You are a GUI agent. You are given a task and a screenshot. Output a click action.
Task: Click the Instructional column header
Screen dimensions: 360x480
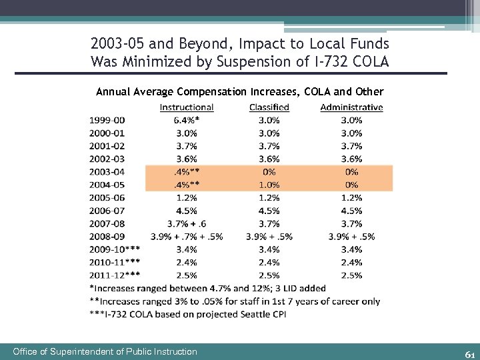click(x=187, y=107)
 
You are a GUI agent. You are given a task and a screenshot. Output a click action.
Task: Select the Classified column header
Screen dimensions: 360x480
click(x=269, y=107)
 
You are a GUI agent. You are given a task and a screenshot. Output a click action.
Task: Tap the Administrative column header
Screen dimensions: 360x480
click(x=351, y=107)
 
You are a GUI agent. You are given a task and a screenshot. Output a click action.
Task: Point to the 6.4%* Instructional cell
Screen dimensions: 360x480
click(x=187, y=120)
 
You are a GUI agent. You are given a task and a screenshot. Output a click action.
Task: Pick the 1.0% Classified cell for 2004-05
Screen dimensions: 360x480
click(x=269, y=185)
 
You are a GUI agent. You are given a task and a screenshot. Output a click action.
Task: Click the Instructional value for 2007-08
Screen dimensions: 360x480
click(x=187, y=223)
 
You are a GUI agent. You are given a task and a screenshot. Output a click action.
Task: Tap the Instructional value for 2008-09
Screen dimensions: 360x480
click(x=187, y=236)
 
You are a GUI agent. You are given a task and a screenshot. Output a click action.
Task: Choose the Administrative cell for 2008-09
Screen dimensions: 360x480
click(x=351, y=236)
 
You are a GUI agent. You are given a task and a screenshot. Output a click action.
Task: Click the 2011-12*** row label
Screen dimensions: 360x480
click(x=115, y=275)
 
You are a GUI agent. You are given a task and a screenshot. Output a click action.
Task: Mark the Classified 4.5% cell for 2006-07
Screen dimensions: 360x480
click(x=269, y=211)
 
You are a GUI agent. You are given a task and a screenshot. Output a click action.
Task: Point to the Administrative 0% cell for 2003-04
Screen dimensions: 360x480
click(x=351, y=172)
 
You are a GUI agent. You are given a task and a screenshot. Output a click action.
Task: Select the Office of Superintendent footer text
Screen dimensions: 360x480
click(x=105, y=351)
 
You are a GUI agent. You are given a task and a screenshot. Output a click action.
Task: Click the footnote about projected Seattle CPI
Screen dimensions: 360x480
click(x=187, y=314)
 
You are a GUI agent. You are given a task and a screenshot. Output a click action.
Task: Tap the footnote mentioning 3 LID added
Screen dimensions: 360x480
click(x=207, y=288)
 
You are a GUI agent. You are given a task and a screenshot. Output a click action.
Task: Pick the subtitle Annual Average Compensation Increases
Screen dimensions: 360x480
click(x=240, y=91)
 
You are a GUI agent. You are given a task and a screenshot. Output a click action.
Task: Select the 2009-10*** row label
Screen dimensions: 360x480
click(x=115, y=249)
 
